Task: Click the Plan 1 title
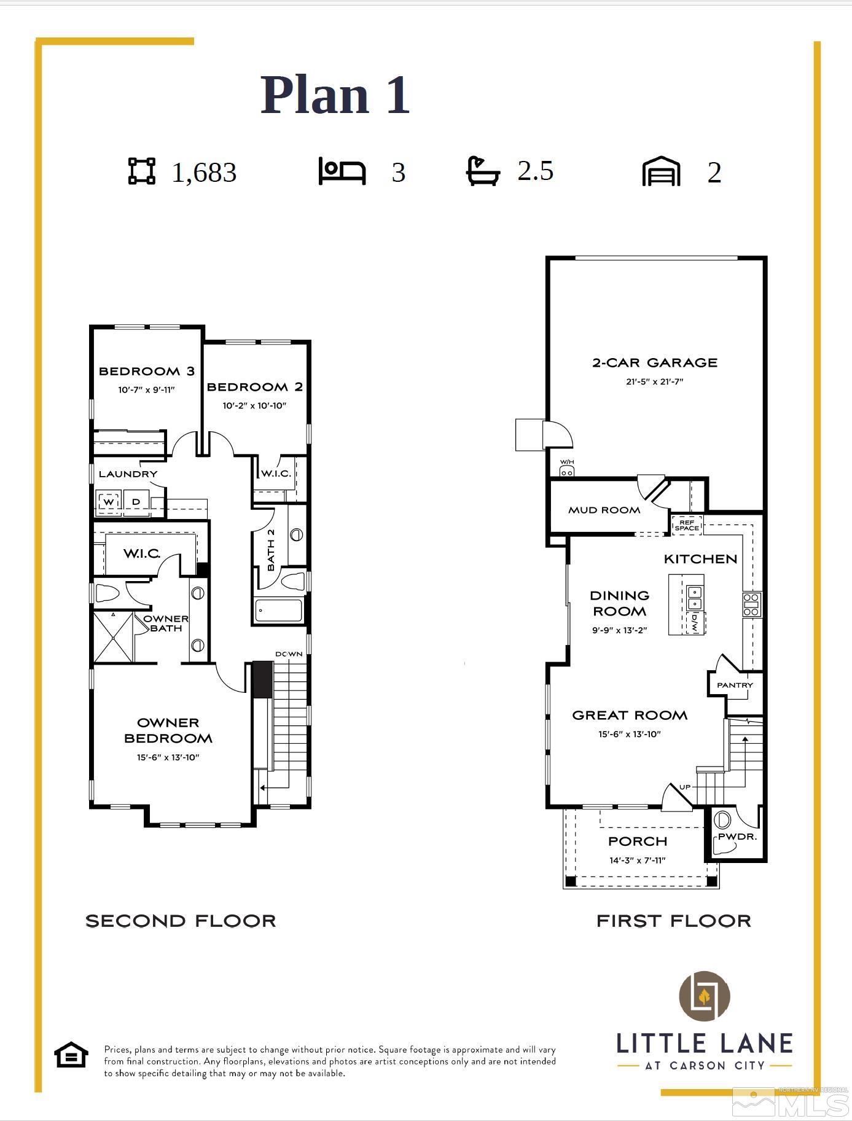pos(335,95)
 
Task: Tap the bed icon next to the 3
pos(342,171)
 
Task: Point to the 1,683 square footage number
pos(204,173)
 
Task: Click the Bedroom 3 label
pos(147,371)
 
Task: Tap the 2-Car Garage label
pos(655,362)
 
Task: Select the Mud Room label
pos(604,510)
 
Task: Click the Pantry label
pos(735,685)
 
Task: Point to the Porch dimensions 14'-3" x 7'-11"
pos(638,860)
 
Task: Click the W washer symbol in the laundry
pos(109,502)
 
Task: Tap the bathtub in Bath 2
pos(279,611)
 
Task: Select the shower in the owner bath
pos(113,637)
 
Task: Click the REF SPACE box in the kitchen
pos(687,525)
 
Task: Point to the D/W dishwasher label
pos(695,623)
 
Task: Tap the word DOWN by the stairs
pos(289,654)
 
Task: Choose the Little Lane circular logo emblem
pos(704,996)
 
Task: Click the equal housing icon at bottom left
pos(71,1056)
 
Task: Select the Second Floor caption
pos(181,921)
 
